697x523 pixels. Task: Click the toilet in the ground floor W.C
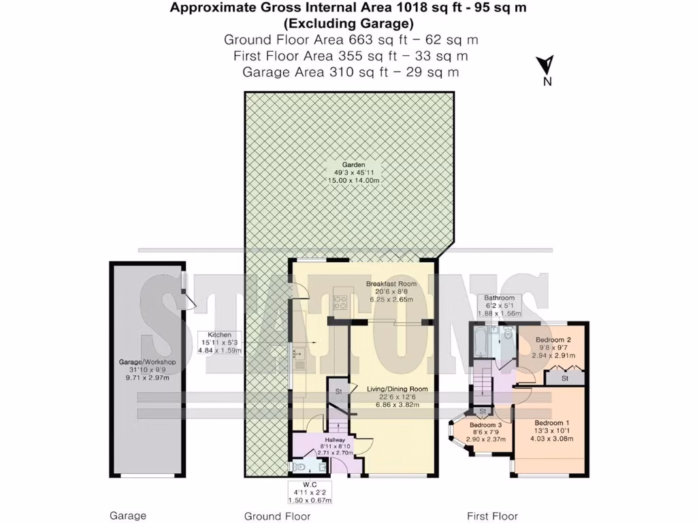tap(303, 466)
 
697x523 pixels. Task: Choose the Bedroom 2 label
tap(552, 339)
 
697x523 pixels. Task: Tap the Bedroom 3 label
tap(485, 425)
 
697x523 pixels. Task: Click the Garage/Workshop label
tap(146, 362)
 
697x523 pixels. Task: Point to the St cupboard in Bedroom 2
tap(564, 377)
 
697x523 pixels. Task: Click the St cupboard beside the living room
tap(338, 392)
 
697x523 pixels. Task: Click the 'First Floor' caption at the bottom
tap(492, 516)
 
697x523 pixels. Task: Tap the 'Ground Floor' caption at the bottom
tap(277, 516)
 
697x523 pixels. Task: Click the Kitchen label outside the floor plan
tap(220, 335)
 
